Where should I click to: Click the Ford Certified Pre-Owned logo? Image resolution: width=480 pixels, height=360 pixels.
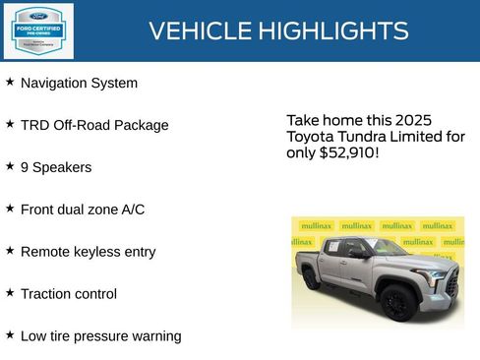tap(37, 30)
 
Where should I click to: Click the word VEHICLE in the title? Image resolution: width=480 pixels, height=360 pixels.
tap(199, 31)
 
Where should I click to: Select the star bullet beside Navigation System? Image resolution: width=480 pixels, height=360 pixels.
tap(10, 83)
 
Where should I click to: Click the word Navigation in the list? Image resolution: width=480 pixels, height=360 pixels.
tap(55, 84)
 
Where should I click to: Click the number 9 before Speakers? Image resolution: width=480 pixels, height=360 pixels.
tap(25, 168)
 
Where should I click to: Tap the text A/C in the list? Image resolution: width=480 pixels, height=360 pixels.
tap(131, 210)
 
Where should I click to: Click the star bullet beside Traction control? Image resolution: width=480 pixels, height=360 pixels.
tap(10, 293)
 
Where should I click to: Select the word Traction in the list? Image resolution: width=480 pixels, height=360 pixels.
tap(46, 294)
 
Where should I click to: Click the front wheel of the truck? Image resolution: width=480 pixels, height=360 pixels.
tap(397, 301)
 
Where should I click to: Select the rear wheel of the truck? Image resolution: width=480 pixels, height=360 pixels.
tap(312, 278)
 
